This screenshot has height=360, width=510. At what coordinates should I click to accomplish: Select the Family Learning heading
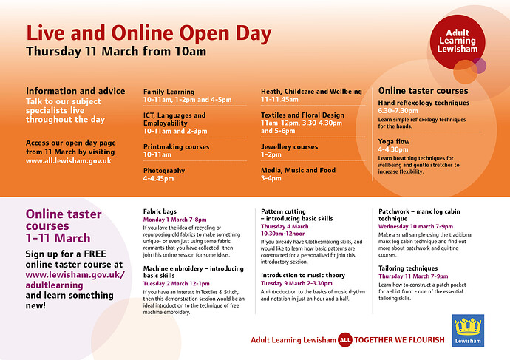(169, 92)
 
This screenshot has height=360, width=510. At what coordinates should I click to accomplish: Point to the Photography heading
(164, 169)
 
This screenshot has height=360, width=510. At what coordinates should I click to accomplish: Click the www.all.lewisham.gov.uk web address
(68, 160)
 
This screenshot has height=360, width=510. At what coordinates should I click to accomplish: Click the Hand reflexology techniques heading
(424, 103)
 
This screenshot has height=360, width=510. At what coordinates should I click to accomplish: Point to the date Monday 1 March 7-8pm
(175, 220)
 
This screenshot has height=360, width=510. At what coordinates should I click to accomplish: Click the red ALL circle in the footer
(344, 339)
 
